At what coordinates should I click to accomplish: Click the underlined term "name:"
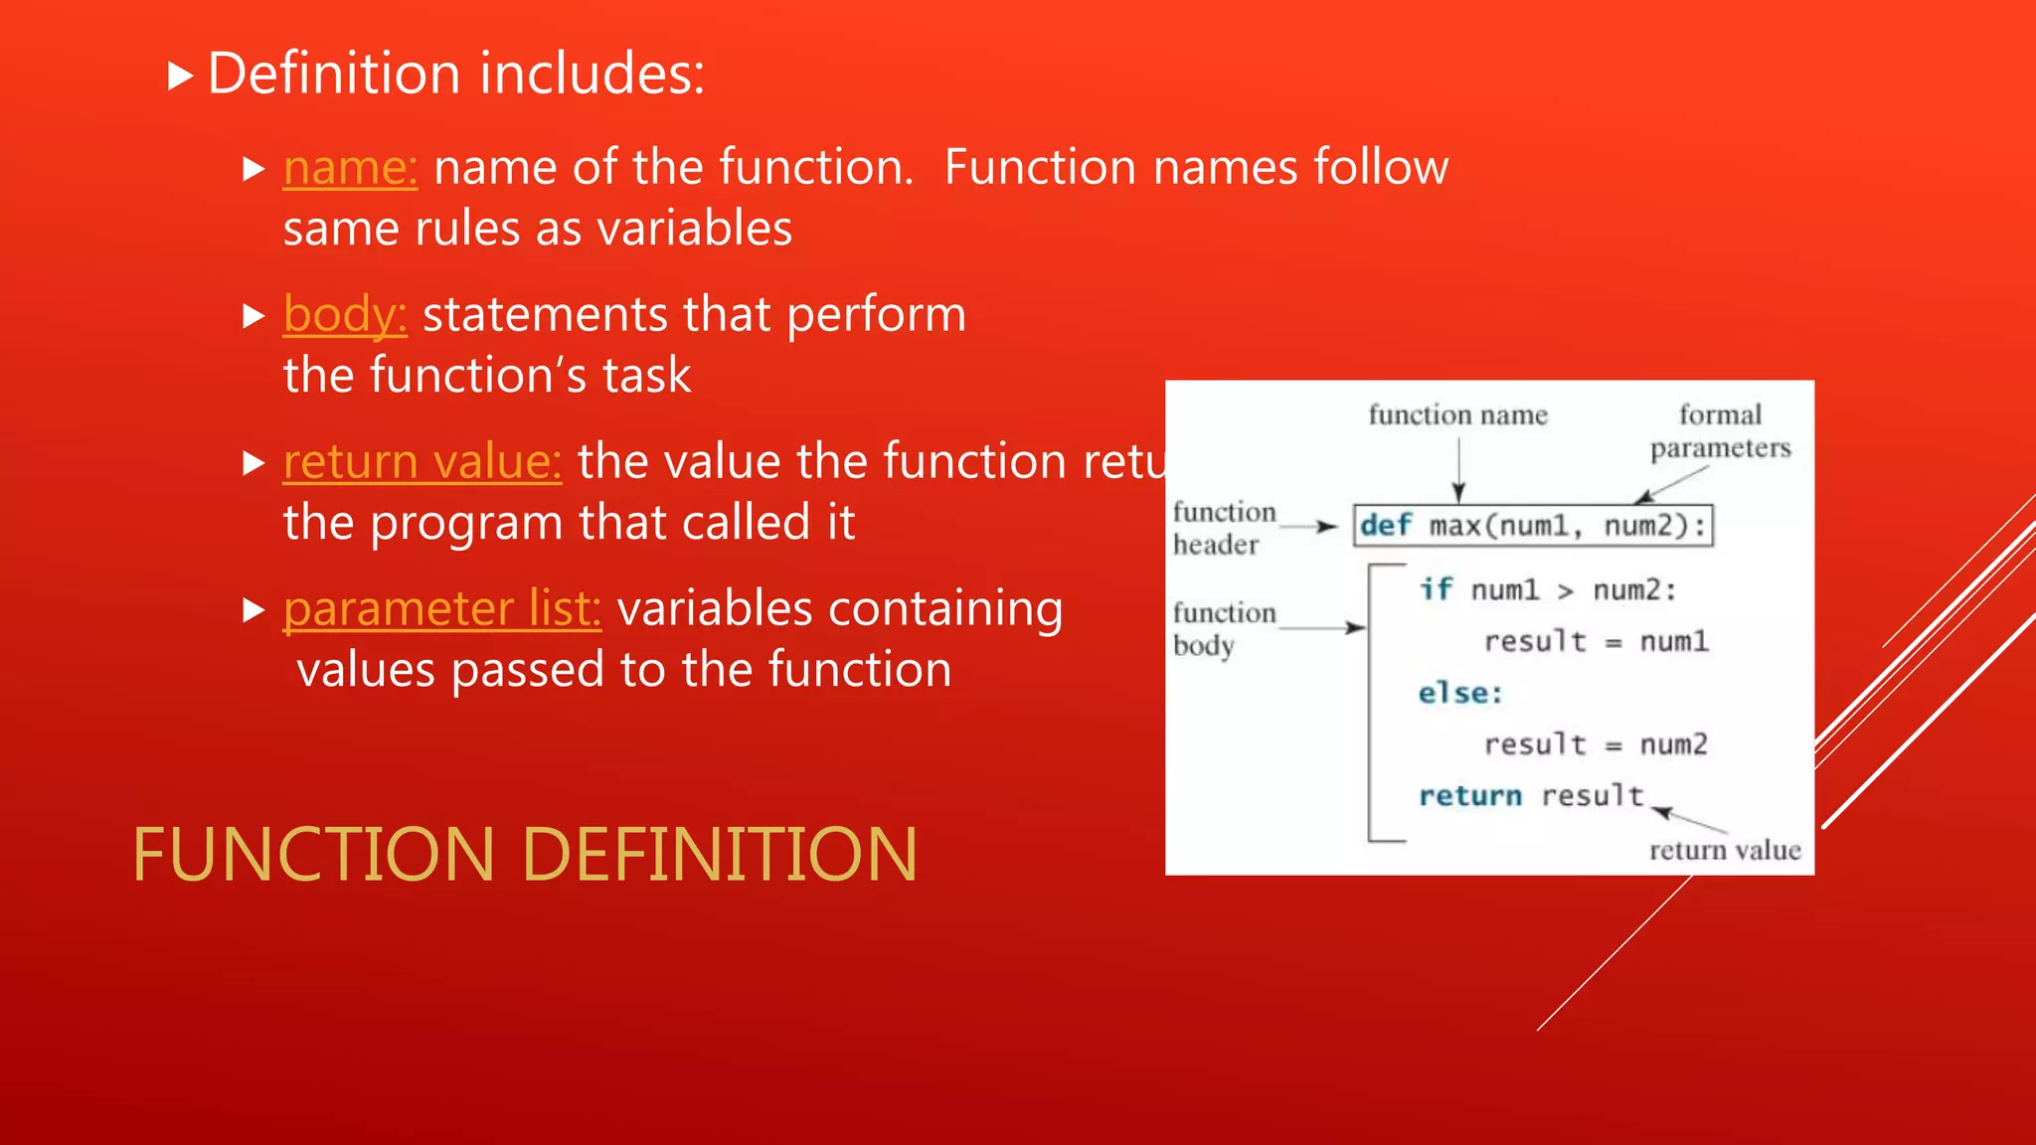click(x=350, y=167)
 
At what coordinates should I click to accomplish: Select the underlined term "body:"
click(x=345, y=314)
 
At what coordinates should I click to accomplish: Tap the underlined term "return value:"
click(x=422, y=461)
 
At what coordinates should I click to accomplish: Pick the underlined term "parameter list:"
click(x=441, y=608)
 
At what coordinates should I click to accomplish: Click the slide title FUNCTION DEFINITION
click(x=524, y=855)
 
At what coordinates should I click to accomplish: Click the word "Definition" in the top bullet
click(x=334, y=74)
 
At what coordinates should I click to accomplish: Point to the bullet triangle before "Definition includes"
click(x=179, y=76)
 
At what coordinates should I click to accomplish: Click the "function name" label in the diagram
click(x=1457, y=414)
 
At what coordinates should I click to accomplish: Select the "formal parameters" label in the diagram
click(x=1720, y=430)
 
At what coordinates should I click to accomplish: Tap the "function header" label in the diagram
click(x=1223, y=528)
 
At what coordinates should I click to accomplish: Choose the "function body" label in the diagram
click(x=1223, y=628)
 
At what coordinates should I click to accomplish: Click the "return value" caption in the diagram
click(x=1725, y=850)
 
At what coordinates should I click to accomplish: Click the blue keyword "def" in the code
click(x=1386, y=525)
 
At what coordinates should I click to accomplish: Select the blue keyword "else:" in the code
click(x=1459, y=693)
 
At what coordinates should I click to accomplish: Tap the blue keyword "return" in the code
click(x=1469, y=796)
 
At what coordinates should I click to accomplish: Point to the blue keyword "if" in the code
click(x=1436, y=589)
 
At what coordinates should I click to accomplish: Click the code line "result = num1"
click(x=1596, y=641)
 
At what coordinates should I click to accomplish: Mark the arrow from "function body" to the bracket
click(x=1322, y=627)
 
